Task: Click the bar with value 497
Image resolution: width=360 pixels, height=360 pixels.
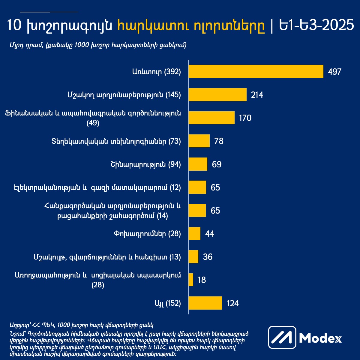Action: point(256,71)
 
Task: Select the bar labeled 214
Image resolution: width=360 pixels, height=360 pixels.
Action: point(217,95)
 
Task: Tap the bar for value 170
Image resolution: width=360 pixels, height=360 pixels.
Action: point(211,118)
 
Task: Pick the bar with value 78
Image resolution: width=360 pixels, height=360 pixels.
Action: point(199,141)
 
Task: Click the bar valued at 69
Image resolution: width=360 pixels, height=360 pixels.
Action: point(198,164)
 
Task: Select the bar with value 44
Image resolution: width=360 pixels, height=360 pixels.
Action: point(194,233)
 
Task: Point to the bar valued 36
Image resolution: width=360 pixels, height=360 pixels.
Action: point(193,257)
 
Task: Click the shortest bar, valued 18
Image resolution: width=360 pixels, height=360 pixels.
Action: point(191,280)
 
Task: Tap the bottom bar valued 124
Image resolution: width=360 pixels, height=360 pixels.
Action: point(205,303)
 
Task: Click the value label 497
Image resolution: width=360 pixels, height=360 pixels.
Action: point(335,72)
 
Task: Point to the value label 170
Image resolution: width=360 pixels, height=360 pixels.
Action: point(245,118)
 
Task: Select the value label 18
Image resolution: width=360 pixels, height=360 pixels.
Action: point(202,280)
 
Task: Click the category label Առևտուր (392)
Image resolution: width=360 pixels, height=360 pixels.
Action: point(156,72)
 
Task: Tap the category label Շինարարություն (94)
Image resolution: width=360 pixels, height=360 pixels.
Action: point(145,164)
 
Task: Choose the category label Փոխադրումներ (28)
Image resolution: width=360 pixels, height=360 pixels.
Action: point(147,234)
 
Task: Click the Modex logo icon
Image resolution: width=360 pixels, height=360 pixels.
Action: point(282,338)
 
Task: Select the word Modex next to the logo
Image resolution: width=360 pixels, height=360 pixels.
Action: point(320,338)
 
